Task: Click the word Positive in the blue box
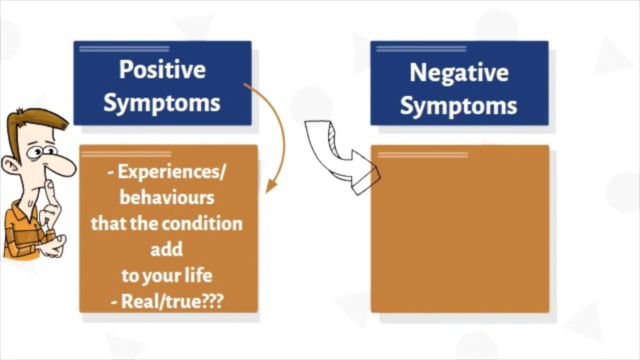pyautogui.click(x=162, y=69)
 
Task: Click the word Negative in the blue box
pyautogui.click(x=458, y=73)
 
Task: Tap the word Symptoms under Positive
pyautogui.click(x=162, y=102)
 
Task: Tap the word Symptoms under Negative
pyautogui.click(x=458, y=105)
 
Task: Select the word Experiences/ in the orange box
pyautogui.click(x=168, y=171)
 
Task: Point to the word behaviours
pyautogui.click(x=167, y=197)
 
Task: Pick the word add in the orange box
pyautogui.click(x=167, y=249)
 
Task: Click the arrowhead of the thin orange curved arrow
pyautogui.click(x=271, y=186)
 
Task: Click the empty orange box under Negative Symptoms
pyautogui.click(x=459, y=237)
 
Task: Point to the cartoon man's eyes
pyautogui.click(x=41, y=151)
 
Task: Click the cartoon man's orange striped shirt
pyautogui.click(x=22, y=231)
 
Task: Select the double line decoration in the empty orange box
pyautogui.click(x=422, y=154)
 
